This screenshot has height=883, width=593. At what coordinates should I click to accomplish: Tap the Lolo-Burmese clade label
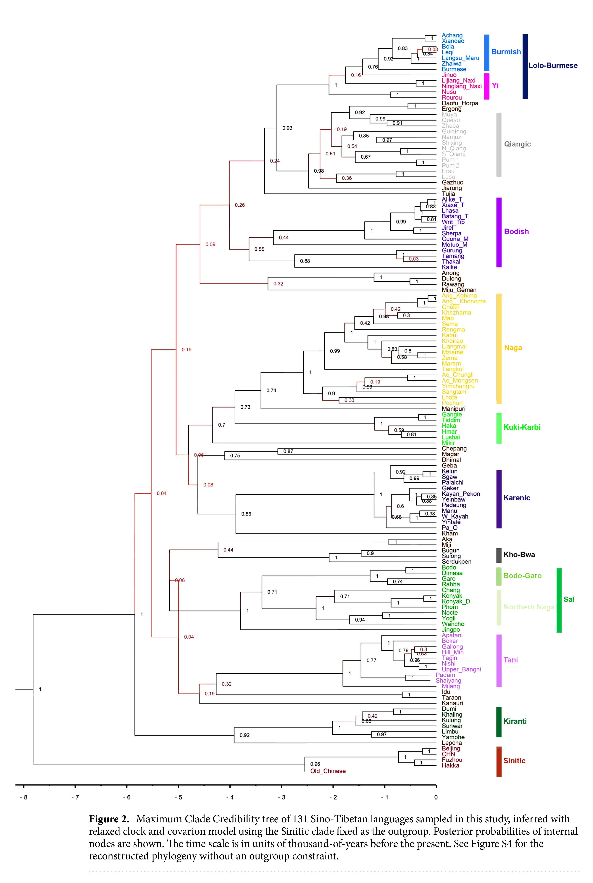[x=553, y=65]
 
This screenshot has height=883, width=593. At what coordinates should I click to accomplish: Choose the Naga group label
[x=513, y=348]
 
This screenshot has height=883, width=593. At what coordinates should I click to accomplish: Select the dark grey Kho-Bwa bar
[x=499, y=555]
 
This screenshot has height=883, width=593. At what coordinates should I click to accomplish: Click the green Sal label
[x=568, y=599]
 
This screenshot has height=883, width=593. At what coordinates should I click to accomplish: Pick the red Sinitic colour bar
[x=499, y=761]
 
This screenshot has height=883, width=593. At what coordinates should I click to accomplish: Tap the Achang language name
[x=452, y=35]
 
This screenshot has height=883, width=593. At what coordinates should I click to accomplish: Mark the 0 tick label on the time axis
[x=436, y=797]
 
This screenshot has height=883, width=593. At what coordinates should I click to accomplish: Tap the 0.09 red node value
[x=210, y=244]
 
